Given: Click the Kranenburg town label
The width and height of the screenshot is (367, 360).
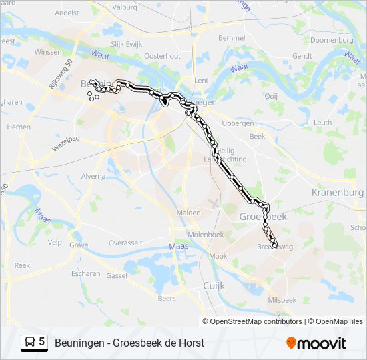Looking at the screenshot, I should tap(336, 192).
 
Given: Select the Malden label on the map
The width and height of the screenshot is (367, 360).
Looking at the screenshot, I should tap(188, 213).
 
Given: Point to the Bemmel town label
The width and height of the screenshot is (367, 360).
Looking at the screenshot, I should tap(232, 38).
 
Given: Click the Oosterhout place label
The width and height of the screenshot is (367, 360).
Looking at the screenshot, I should tap(163, 56).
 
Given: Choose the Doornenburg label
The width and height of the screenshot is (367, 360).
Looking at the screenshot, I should tap(332, 40).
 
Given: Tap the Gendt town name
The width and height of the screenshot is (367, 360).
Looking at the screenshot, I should tap(302, 56).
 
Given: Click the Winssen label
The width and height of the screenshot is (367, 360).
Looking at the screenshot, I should tap(48, 51).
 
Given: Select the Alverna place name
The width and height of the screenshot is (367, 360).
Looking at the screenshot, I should tap(93, 176).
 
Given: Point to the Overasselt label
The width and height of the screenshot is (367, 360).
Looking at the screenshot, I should tap(126, 243).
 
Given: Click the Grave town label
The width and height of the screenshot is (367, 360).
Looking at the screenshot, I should tap(79, 245).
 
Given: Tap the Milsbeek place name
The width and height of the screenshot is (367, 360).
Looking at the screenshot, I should tap(282, 300).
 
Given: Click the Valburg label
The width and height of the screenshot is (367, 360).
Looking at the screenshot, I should tap(125, 8).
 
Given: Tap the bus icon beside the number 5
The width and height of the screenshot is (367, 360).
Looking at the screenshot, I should tap(30, 343).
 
